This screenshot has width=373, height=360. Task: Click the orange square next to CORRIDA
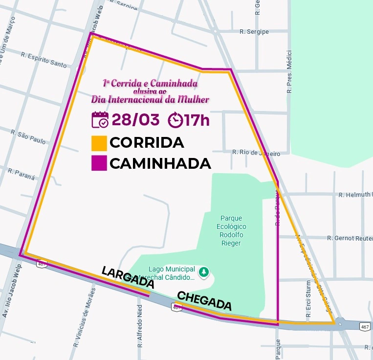tap(99, 143)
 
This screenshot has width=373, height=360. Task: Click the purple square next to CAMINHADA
tap(99, 163)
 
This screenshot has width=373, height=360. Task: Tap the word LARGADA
tap(128, 277)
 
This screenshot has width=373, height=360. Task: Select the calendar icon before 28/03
tap(100, 120)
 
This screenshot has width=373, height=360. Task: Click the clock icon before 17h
tap(175, 120)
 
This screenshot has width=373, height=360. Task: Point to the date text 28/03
tap(136, 120)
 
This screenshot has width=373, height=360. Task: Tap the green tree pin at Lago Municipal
tap(204, 271)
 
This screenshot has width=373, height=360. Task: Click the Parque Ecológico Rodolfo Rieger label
tap(232, 230)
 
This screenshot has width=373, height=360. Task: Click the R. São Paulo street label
tap(28, 137)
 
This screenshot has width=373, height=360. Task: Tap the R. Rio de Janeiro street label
tap(256, 153)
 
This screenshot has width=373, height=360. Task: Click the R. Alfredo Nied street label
tap(140, 325)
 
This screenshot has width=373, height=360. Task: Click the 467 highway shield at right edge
tap(365, 326)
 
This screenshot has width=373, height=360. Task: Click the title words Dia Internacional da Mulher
tap(150, 99)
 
